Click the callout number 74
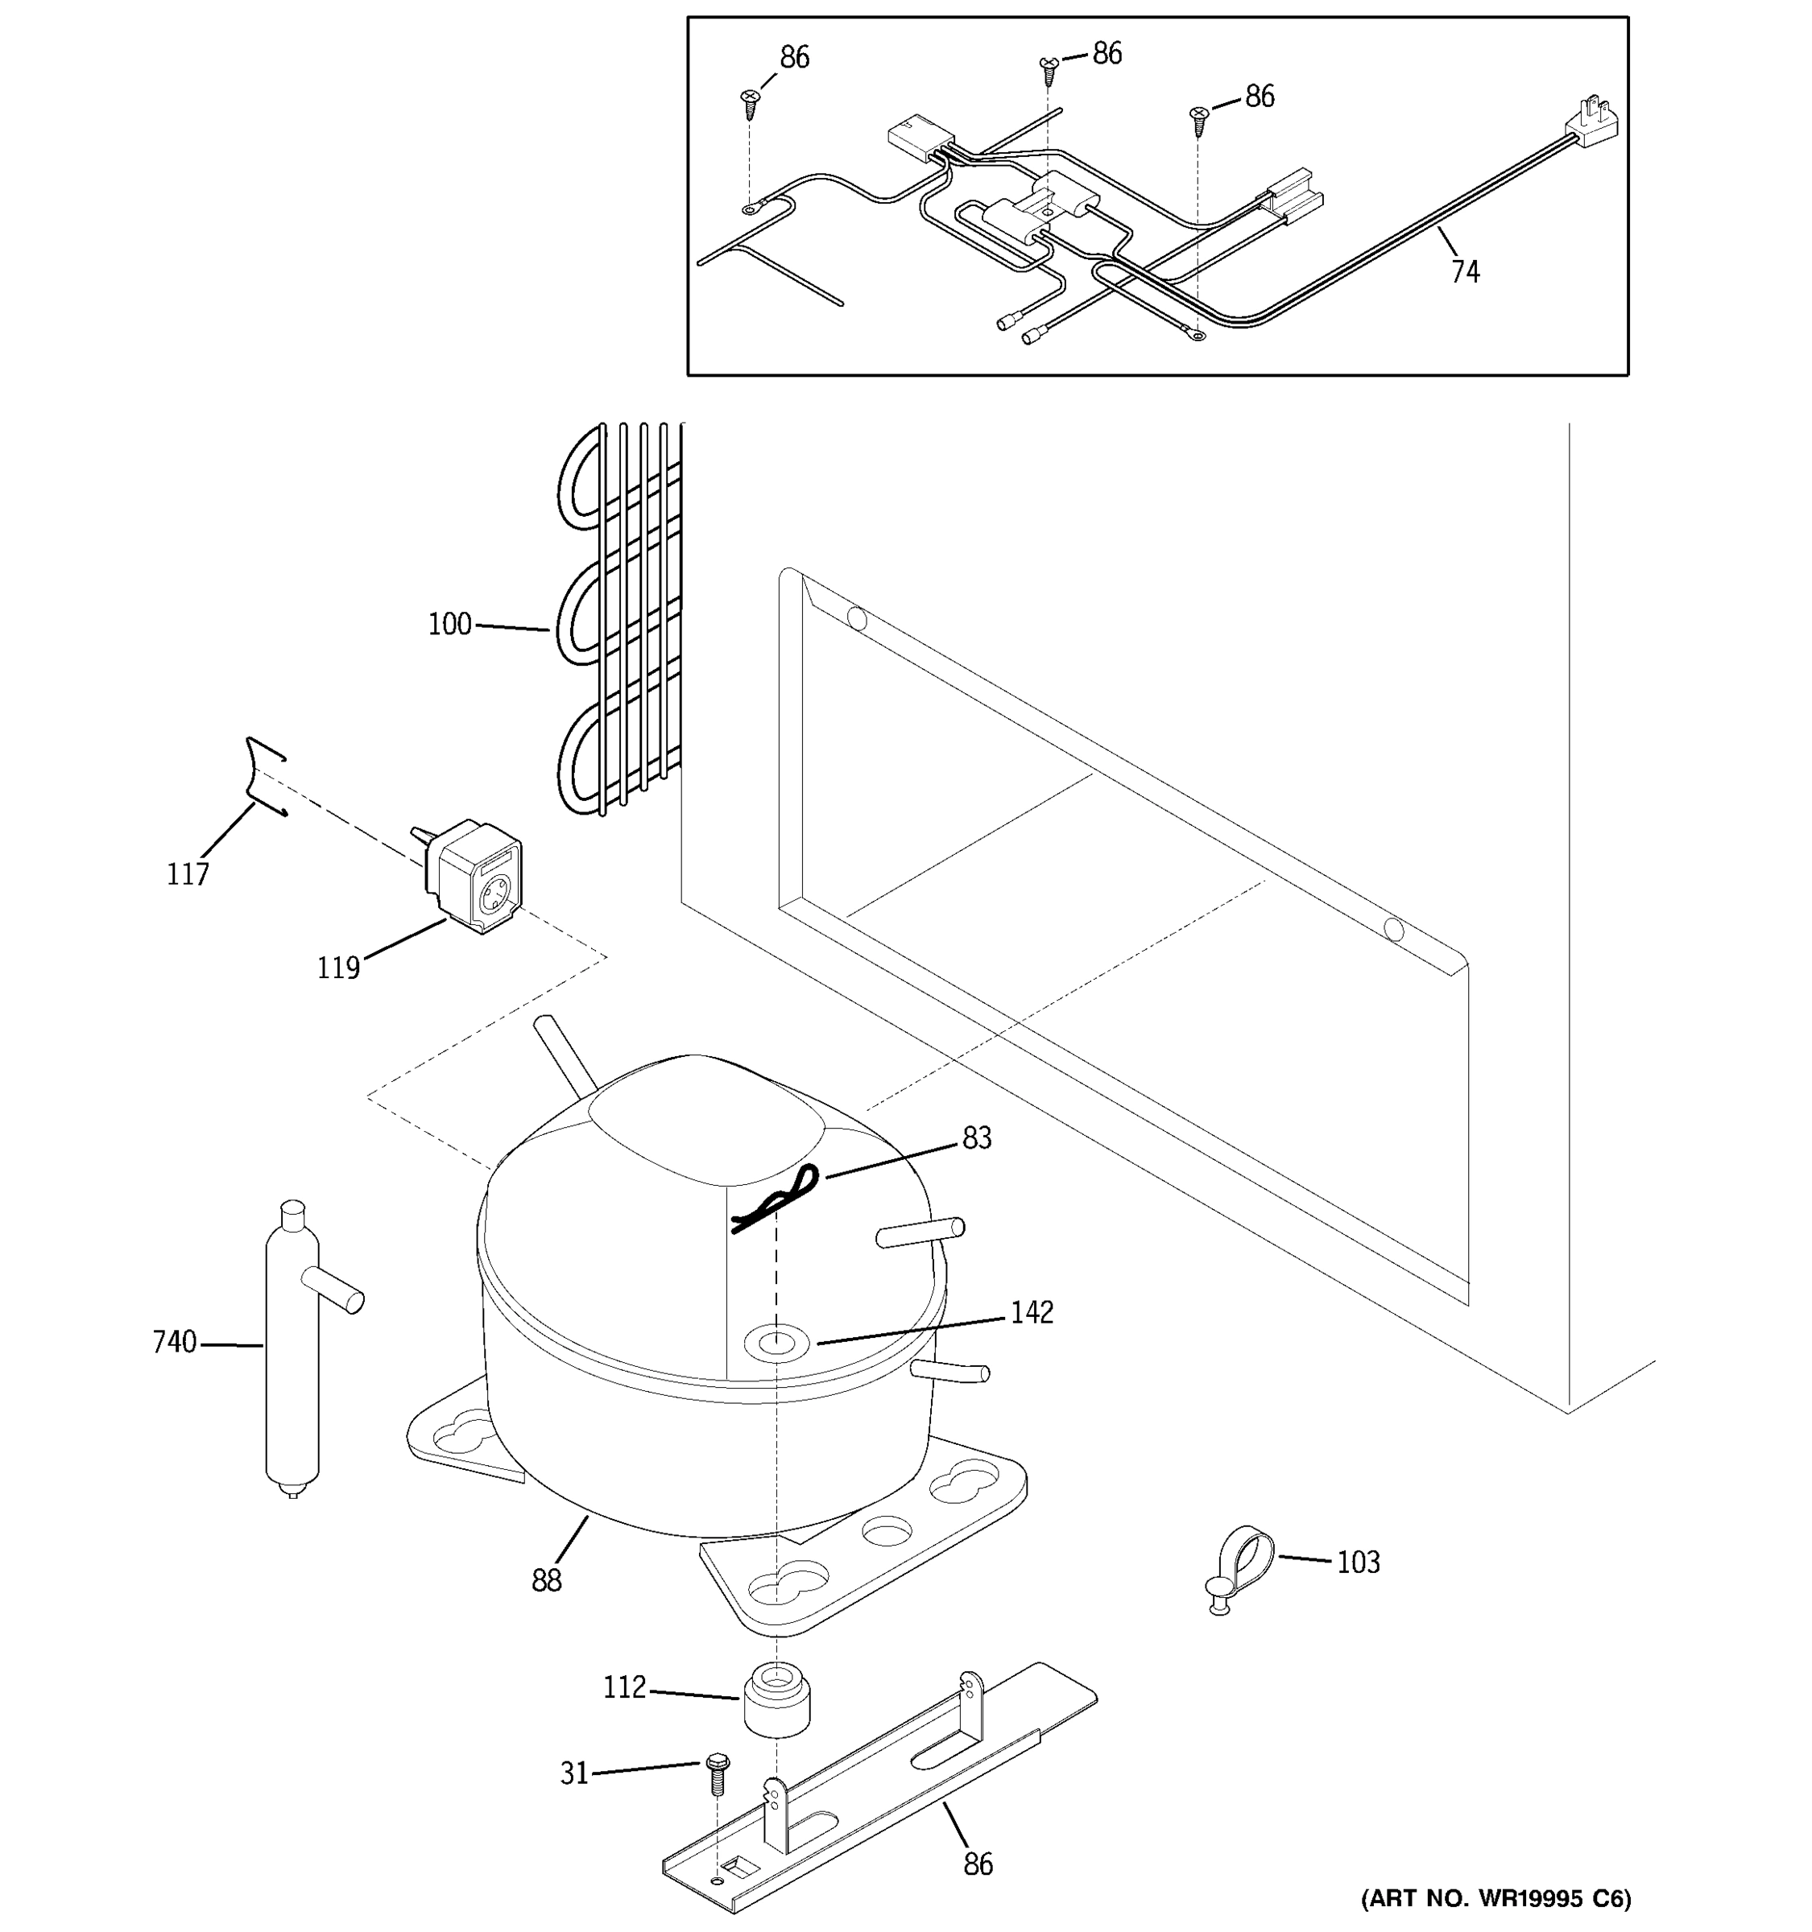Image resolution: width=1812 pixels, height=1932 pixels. click(x=1465, y=271)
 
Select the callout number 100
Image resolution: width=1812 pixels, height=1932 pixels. click(x=449, y=625)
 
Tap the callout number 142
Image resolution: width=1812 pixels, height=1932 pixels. click(x=1032, y=1313)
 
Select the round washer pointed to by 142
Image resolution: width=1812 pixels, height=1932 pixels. click(x=776, y=1345)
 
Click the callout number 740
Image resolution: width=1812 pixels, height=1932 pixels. click(x=175, y=1342)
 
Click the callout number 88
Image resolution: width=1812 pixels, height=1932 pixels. click(x=546, y=1581)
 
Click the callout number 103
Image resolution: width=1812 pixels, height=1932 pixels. click(x=1358, y=1563)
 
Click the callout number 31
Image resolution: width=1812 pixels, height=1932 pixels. click(x=574, y=1773)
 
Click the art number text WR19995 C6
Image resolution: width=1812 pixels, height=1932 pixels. click(x=1495, y=1898)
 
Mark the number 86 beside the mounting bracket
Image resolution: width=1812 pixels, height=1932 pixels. click(x=978, y=1864)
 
